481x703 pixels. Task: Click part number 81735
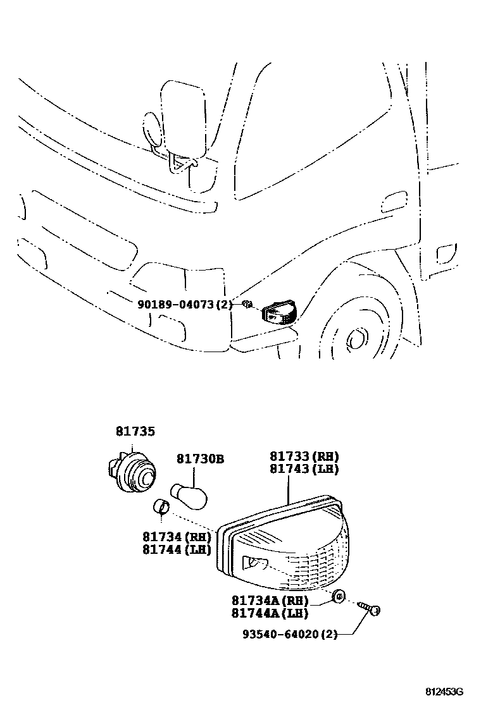(x=135, y=432)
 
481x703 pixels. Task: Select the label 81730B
(x=200, y=459)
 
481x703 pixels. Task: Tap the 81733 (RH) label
(x=304, y=456)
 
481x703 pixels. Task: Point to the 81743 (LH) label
(x=304, y=469)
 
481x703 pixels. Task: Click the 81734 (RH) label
(x=177, y=537)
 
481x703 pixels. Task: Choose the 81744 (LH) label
(x=177, y=550)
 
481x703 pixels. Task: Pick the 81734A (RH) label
(x=270, y=601)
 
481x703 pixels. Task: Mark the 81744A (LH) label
(x=270, y=613)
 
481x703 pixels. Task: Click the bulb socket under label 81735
(x=133, y=474)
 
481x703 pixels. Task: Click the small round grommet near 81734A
(x=339, y=595)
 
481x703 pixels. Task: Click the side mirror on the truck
(x=183, y=118)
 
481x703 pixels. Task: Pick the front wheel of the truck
(x=354, y=335)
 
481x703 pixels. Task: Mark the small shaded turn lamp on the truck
(x=280, y=312)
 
